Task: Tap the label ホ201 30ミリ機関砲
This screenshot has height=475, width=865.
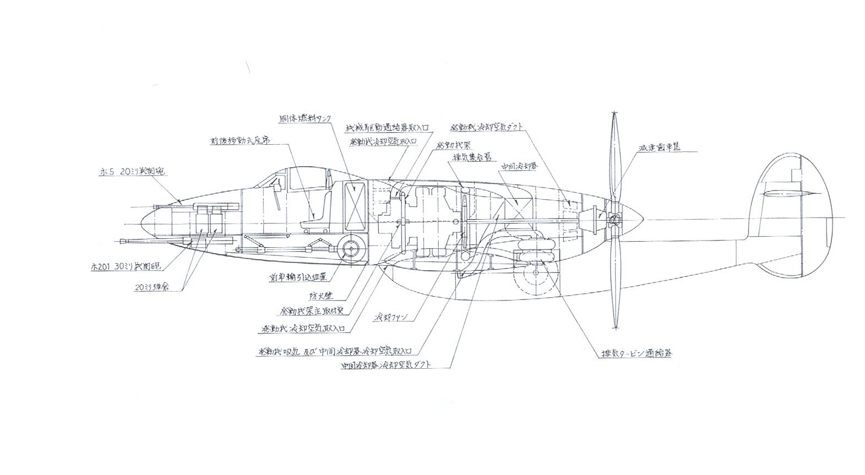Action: [126, 266]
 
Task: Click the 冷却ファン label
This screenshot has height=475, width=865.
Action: [394, 318]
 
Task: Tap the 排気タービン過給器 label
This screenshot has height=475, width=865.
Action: [636, 354]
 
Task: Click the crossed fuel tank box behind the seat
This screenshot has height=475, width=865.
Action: [355, 206]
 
